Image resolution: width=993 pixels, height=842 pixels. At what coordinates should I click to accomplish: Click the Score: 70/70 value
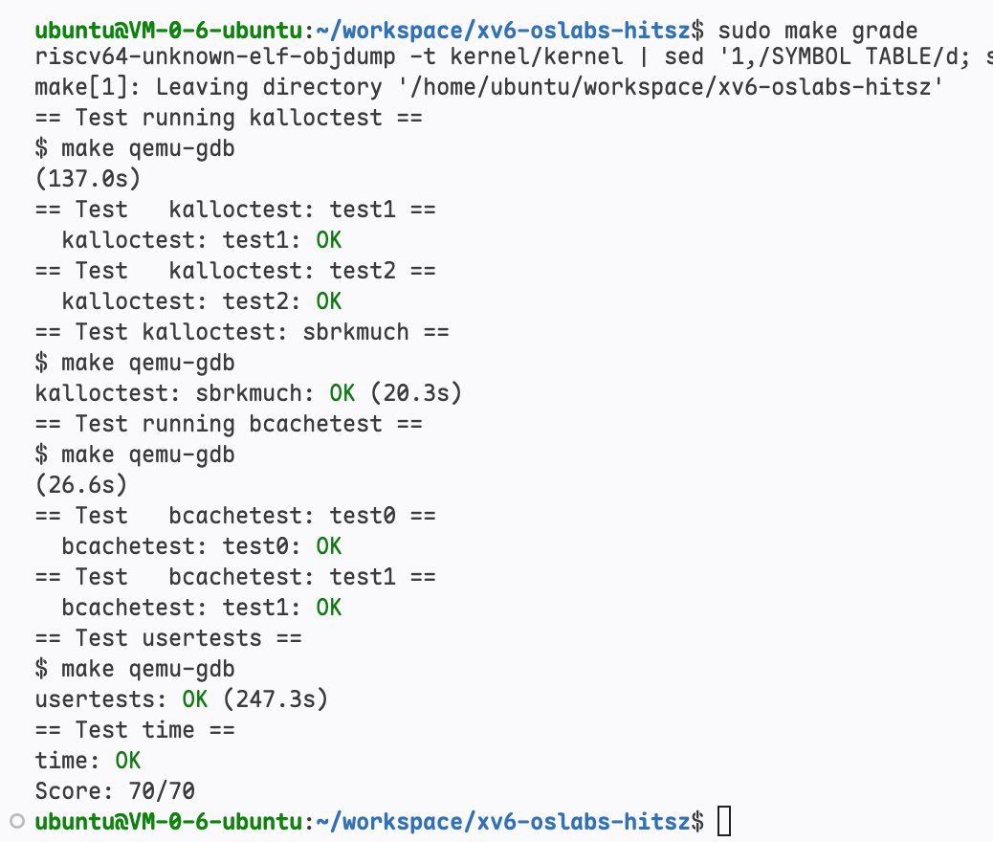[162, 790]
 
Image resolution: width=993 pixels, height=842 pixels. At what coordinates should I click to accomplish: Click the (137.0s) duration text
[88, 179]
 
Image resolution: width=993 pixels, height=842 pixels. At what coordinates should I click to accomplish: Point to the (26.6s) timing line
[81, 485]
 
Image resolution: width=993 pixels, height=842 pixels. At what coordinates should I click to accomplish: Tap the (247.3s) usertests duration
[276, 698]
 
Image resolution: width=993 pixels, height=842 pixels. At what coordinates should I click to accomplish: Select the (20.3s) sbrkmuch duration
[416, 393]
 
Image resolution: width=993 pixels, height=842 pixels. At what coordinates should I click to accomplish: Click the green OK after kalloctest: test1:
[329, 240]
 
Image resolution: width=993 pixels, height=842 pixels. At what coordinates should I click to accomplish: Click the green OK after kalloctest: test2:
[329, 301]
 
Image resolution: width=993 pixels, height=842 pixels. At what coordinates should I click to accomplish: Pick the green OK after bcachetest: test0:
[329, 546]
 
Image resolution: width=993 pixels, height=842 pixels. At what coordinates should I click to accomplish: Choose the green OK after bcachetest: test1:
[329, 608]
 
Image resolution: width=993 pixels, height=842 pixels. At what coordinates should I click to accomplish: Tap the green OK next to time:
[128, 761]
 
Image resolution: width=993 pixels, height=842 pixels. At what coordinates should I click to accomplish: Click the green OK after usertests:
[194, 698]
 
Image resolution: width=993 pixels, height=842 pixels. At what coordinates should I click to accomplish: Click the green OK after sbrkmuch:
[342, 393]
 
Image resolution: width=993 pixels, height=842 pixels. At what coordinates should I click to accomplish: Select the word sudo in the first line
[744, 31]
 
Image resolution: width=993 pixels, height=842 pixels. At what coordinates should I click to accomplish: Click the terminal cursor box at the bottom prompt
[724, 821]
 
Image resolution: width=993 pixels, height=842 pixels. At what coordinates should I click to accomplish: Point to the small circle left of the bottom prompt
[17, 821]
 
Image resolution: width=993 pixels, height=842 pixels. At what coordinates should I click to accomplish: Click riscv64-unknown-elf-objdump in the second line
[215, 57]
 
